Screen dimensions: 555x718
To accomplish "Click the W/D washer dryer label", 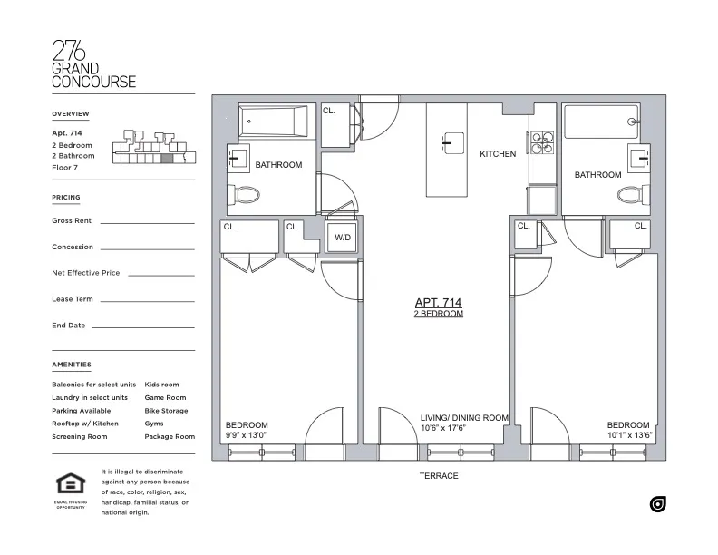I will click(x=342, y=238).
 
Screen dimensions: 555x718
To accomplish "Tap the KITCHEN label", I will click(x=498, y=154).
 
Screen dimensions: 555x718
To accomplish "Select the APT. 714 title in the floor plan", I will click(x=439, y=303).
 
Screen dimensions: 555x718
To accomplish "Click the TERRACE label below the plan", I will click(x=439, y=476).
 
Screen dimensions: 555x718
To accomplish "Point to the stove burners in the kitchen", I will click(x=542, y=144).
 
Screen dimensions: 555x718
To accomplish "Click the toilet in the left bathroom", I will click(x=247, y=194).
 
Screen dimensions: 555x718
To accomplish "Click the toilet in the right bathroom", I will click(x=630, y=193).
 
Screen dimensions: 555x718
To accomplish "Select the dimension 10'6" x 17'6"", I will click(x=442, y=428).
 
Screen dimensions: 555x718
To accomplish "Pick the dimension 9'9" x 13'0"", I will click(x=247, y=434).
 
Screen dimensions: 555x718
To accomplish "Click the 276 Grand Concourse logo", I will click(x=93, y=63).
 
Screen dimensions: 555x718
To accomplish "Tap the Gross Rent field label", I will click(x=73, y=220).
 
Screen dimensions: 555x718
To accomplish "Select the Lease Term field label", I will click(x=73, y=299).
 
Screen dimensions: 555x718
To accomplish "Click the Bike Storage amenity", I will click(x=166, y=411).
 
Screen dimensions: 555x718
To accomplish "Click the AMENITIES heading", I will click(x=72, y=365).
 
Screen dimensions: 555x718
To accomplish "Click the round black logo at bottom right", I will click(x=658, y=504).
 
